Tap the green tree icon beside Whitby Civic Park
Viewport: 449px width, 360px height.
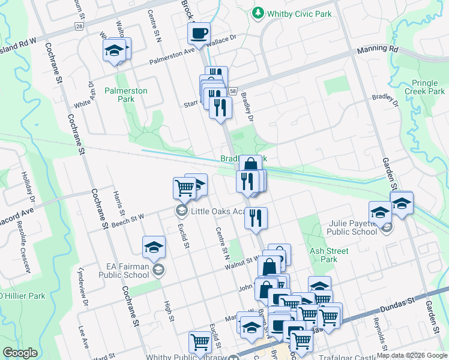click(x=258, y=12)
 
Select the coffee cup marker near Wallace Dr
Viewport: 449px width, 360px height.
click(x=198, y=34)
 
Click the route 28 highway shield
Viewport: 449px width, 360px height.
click(x=79, y=26)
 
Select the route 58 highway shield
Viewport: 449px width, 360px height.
click(x=231, y=89)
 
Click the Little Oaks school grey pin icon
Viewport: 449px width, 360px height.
click(x=181, y=211)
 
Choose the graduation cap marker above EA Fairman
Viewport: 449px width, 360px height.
click(x=154, y=247)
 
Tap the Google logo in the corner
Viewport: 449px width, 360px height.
click(x=20, y=353)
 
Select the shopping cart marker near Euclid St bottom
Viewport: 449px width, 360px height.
click(x=200, y=342)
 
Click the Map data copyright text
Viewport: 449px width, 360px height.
click(x=412, y=355)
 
